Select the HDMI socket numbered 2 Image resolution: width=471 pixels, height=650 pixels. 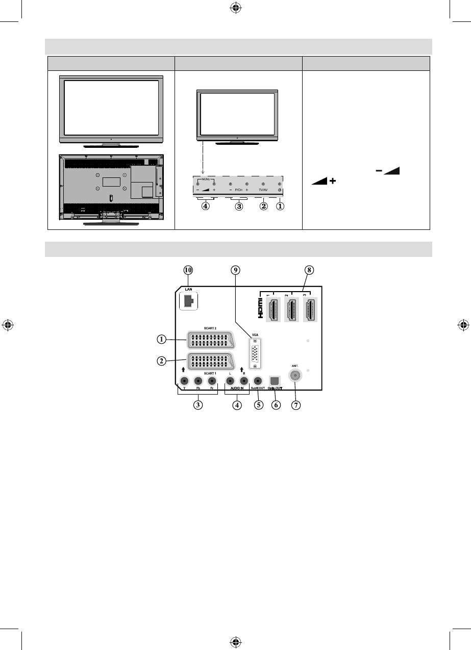[292, 309]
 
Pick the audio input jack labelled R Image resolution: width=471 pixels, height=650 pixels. [244, 380]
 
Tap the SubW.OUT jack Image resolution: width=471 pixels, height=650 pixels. [258, 380]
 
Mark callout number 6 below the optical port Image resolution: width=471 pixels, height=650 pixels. [276, 406]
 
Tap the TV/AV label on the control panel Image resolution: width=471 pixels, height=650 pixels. [263, 188]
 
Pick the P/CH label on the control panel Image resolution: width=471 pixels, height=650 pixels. [238, 188]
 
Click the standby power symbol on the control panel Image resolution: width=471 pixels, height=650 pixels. [280, 188]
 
